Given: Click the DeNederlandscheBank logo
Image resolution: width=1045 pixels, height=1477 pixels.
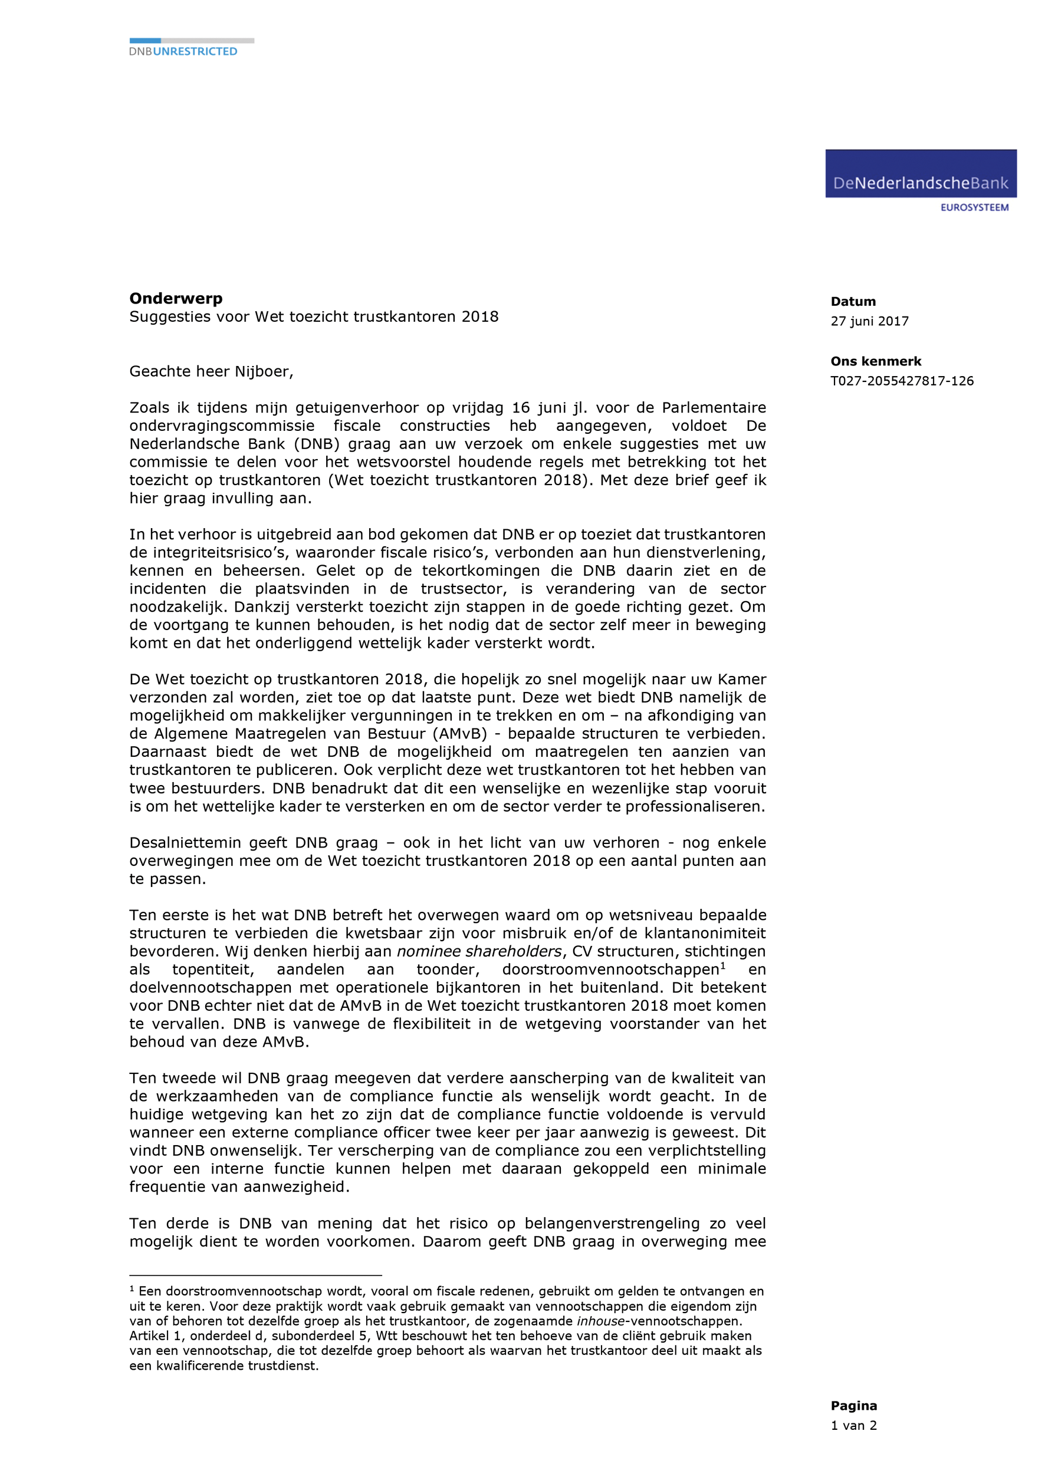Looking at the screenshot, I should coord(920,174).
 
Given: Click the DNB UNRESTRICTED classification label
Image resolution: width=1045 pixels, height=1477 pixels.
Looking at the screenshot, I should coord(183,51).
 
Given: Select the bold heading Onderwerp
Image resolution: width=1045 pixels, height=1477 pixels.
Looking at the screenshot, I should coord(176,298).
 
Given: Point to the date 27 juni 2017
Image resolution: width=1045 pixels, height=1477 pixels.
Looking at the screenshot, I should coord(869,321).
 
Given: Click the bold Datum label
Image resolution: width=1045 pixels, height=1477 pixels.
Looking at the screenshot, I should coord(853,302).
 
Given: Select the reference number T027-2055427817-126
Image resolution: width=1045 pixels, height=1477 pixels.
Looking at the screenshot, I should coord(902,381).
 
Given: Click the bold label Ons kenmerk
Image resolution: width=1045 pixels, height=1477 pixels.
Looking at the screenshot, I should coord(875,361).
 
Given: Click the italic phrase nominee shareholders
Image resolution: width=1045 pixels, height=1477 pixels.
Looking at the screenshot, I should coord(479,951).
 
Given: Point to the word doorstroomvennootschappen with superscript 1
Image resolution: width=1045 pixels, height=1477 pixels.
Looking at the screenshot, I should coord(612,970).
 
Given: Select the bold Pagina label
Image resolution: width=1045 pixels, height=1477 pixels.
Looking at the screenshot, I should coord(853,1406).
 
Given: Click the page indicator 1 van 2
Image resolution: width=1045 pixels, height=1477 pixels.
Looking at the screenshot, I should coord(853,1426).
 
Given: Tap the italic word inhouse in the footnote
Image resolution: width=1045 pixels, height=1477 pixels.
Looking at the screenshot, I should coord(600,1321).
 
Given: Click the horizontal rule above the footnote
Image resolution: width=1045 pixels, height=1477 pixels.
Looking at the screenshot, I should coord(255,1274).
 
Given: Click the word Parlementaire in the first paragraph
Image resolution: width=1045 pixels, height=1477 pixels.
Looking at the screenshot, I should coord(714,408).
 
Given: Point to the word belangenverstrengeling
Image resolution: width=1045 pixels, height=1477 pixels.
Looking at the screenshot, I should coord(612,1224).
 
